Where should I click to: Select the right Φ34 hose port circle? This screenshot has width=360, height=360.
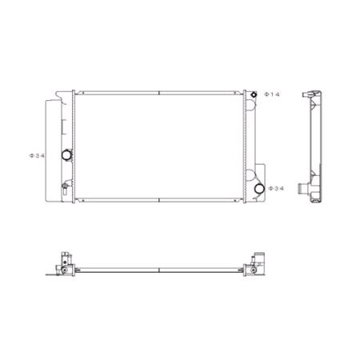[258, 189]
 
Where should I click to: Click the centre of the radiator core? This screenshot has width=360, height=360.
[160, 146]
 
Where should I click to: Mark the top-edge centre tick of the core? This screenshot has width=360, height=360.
[160, 93]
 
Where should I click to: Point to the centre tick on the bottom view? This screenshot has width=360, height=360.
[160, 267]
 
